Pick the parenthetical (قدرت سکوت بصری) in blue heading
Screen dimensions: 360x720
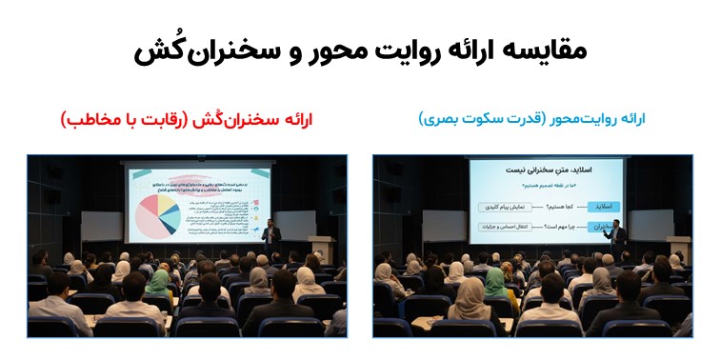tap(466, 119)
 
